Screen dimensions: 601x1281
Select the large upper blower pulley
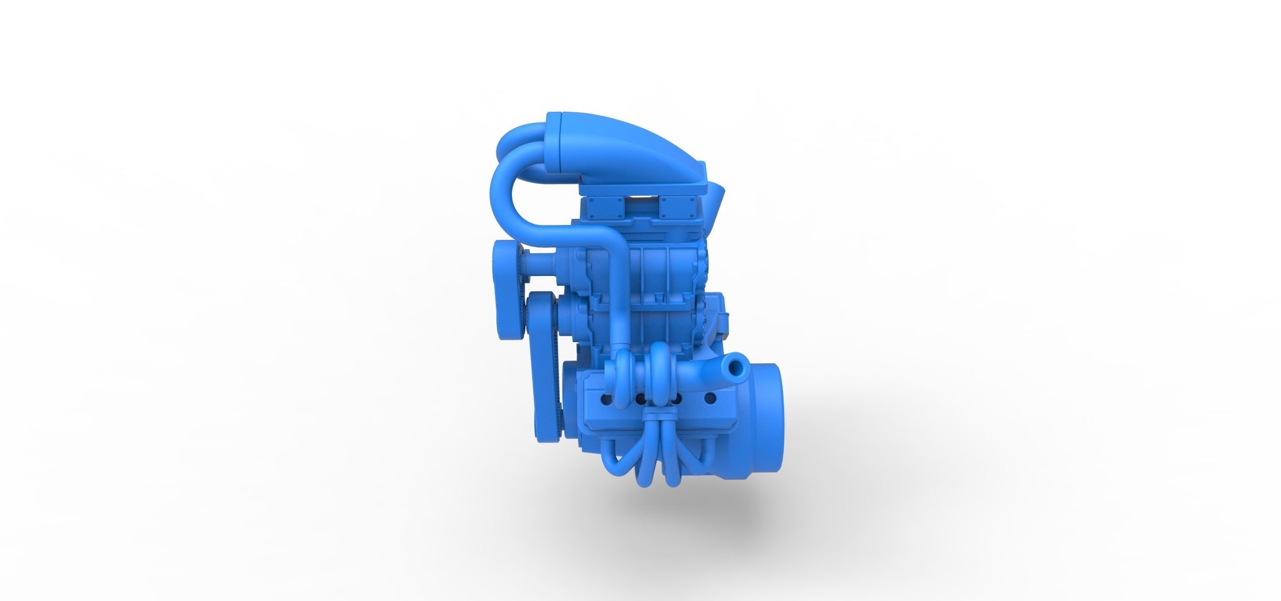(x=660, y=266)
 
